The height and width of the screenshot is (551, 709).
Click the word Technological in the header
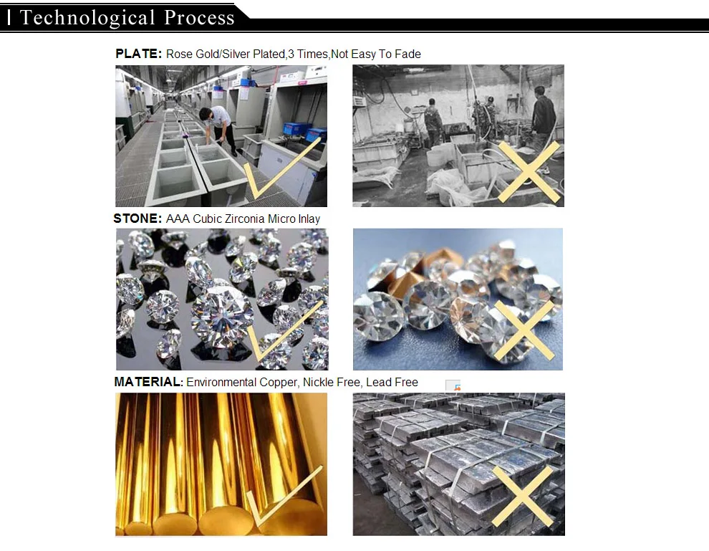pos(87,18)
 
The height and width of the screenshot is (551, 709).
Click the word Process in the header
pos(199,17)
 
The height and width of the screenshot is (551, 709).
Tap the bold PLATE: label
pos(138,54)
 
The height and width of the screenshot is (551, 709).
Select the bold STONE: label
pos(138,219)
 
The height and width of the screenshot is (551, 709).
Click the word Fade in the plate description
pos(408,54)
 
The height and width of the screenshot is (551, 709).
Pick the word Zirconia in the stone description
pos(245,219)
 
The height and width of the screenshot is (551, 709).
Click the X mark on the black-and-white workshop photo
pos(529,172)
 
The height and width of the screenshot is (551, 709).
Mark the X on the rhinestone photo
pos(524,330)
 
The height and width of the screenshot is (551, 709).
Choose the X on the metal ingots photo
pos(522,496)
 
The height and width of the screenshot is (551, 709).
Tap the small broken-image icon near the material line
pos(453,385)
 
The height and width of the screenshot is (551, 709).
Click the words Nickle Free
pos(332,383)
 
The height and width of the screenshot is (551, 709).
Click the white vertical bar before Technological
pos(9,18)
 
